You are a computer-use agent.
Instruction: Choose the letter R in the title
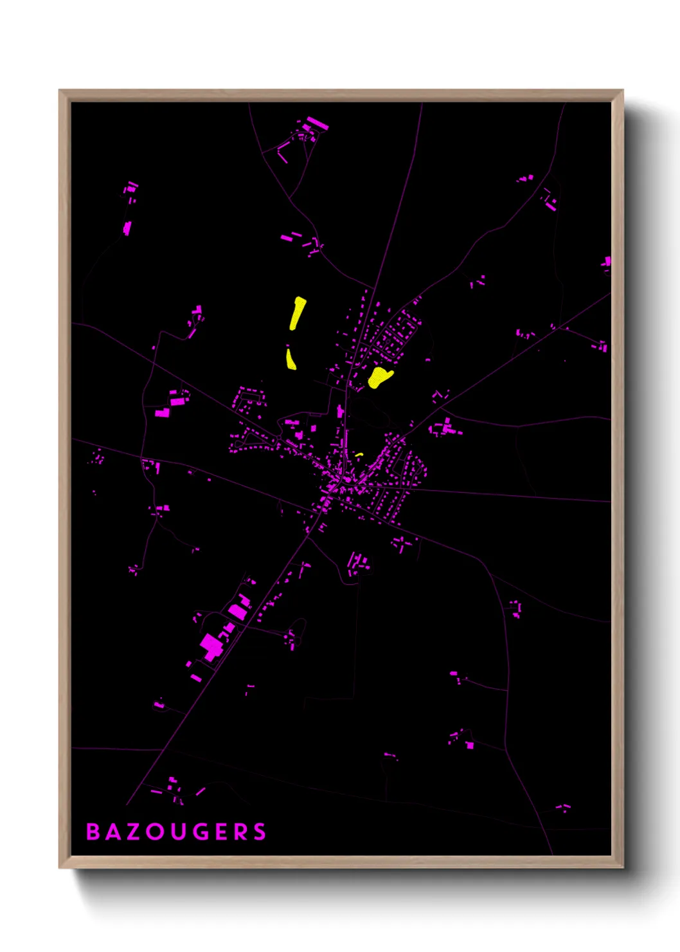(240, 832)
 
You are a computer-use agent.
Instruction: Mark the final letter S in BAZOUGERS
(260, 832)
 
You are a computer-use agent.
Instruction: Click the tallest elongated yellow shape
(297, 313)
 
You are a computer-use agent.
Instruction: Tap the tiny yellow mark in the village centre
(359, 455)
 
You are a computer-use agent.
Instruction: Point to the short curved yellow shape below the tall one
(291, 358)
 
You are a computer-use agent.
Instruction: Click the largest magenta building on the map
(211, 645)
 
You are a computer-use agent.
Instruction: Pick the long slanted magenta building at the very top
(317, 123)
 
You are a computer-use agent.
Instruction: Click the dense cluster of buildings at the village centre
(337, 482)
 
